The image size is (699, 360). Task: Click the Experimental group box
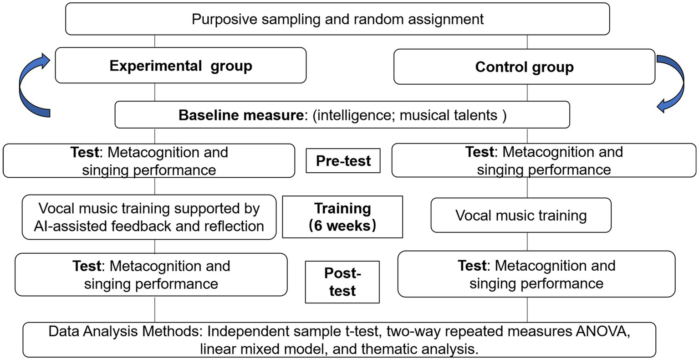[x=180, y=66]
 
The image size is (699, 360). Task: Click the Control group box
[x=524, y=67]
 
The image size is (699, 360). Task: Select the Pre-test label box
[x=343, y=161]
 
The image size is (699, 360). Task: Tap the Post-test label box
[x=342, y=282]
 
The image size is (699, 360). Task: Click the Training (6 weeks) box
[x=342, y=217]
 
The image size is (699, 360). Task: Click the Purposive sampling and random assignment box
[x=337, y=19]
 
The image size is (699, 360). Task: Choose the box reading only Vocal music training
[x=520, y=215]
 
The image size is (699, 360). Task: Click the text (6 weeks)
[x=342, y=226]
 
